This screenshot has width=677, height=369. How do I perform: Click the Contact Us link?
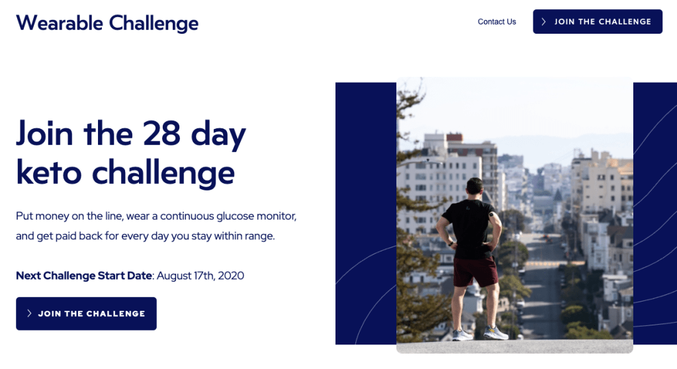(496, 22)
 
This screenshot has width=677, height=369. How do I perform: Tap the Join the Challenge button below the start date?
(86, 313)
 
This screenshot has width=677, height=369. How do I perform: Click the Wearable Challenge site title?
(107, 23)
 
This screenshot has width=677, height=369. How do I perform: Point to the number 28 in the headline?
(161, 133)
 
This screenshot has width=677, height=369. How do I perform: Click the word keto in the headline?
(49, 172)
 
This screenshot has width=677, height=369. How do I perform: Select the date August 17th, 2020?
(201, 276)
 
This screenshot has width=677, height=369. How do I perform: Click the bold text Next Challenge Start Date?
(84, 276)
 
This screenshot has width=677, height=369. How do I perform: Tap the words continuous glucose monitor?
(228, 216)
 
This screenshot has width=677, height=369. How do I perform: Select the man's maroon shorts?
(475, 272)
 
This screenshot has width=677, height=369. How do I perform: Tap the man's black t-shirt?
(471, 227)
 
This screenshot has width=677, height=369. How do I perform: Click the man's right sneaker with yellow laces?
(496, 333)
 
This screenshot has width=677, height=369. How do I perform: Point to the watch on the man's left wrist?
(450, 244)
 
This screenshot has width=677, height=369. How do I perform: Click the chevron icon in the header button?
(543, 22)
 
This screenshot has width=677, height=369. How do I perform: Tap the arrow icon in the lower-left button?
(29, 313)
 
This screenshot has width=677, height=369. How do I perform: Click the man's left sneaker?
(463, 335)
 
